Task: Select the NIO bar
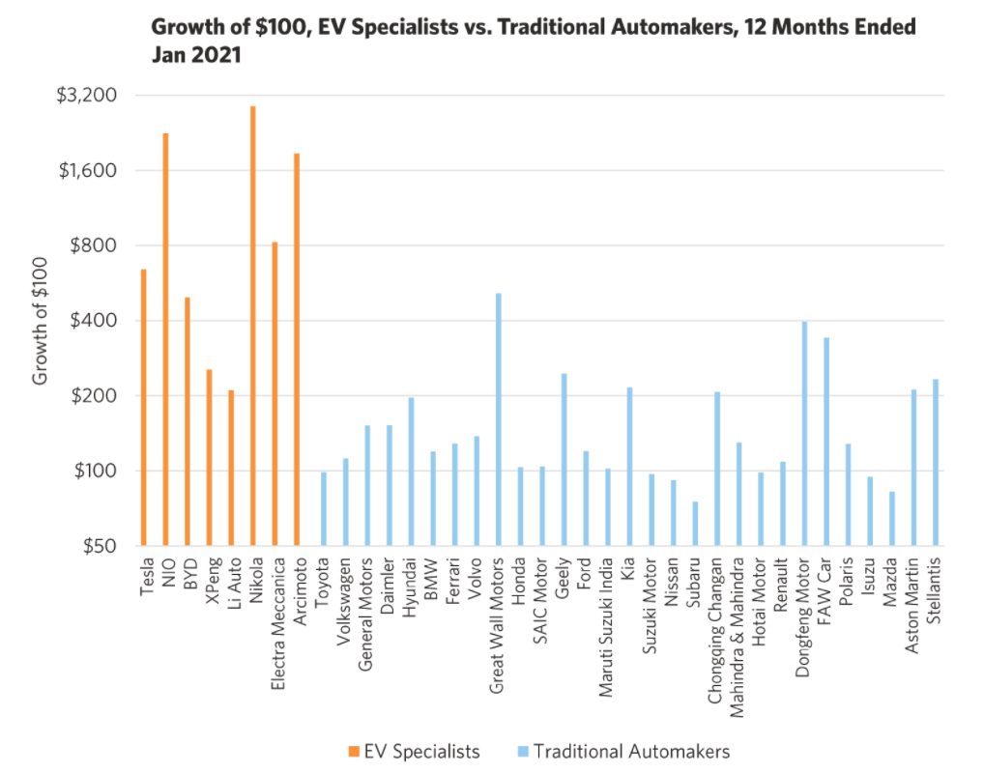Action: (165, 339)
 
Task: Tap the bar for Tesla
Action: (143, 407)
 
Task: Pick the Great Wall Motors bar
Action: (499, 419)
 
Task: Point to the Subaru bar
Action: (695, 524)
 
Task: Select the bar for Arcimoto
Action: (297, 349)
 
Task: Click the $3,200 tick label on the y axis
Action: (86, 96)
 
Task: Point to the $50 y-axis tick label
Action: (96, 546)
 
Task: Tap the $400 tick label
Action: (94, 321)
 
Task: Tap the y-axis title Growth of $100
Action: (40, 321)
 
